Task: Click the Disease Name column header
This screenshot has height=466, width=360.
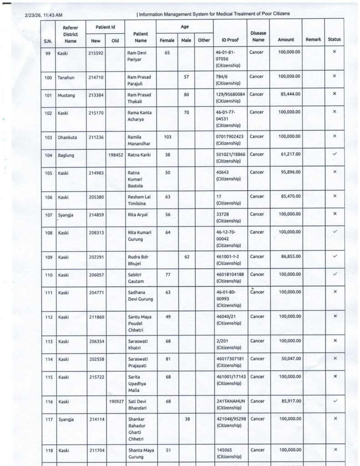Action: click(258, 36)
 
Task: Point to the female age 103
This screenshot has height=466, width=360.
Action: click(167, 137)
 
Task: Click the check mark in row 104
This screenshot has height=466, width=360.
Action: click(335, 154)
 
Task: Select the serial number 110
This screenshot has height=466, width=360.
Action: click(48, 274)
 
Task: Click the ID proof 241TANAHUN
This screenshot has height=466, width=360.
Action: click(231, 401)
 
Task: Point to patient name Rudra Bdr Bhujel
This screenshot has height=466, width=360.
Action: click(139, 260)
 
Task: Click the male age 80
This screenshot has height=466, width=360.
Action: click(186, 94)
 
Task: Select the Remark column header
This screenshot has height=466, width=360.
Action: click(313, 40)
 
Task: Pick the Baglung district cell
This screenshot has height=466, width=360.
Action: click(66, 155)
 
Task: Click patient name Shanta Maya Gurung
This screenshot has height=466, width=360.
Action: click(141, 454)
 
